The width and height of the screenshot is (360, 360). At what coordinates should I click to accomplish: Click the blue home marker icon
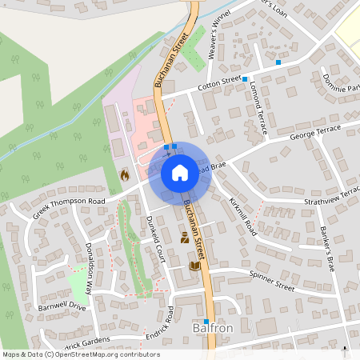[x=180, y=172]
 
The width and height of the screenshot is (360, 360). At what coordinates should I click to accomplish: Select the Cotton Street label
[x=220, y=82]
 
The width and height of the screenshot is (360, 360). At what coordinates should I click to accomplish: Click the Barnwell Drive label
[x=62, y=306]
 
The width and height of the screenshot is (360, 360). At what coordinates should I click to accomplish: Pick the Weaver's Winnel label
[x=214, y=30]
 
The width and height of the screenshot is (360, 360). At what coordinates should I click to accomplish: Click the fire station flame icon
[x=124, y=174]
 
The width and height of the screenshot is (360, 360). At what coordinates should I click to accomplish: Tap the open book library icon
[x=194, y=266]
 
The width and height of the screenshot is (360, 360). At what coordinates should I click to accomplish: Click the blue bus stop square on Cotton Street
[x=245, y=79]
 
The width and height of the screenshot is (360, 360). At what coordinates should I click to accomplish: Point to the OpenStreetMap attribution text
[x=81, y=354]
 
